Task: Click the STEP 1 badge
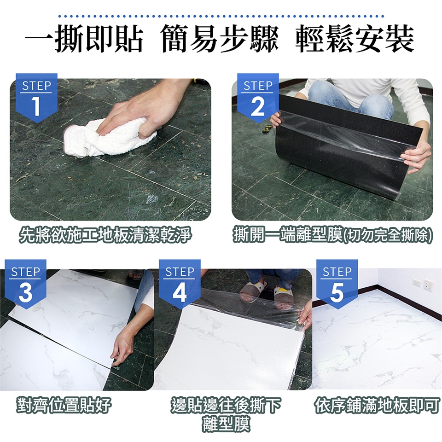tap(36, 98)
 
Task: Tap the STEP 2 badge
tap(258, 98)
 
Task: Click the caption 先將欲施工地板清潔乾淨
tap(105, 235)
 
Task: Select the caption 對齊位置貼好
tap(64, 405)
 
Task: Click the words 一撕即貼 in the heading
tap(84, 39)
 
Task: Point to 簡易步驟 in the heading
tap(220, 39)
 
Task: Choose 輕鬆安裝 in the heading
tap(355, 39)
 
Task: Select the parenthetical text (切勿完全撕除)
tap(388, 235)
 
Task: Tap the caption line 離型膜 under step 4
tap(226, 424)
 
